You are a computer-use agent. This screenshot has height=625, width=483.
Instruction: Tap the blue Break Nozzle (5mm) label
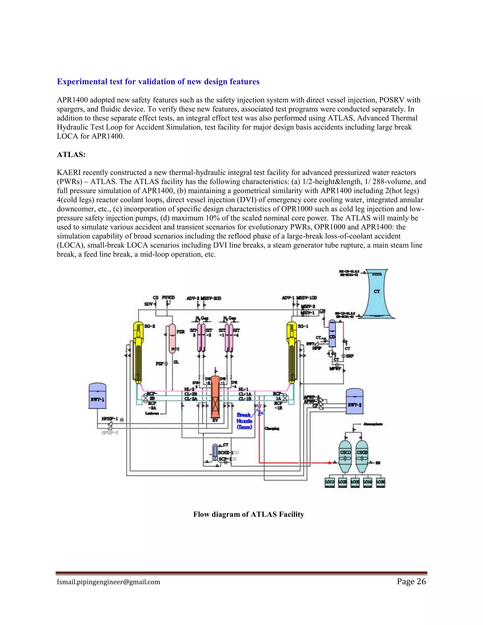[x=244, y=421]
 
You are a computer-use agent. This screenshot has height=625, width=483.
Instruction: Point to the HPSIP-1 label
[x=110, y=419]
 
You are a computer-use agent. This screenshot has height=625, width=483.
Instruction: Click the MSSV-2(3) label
[x=211, y=298]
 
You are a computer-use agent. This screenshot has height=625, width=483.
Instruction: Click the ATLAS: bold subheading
[x=71, y=155]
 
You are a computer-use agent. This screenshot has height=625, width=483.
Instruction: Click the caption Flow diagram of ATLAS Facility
[x=248, y=514]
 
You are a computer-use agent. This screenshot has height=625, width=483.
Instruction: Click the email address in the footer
[x=108, y=582]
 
